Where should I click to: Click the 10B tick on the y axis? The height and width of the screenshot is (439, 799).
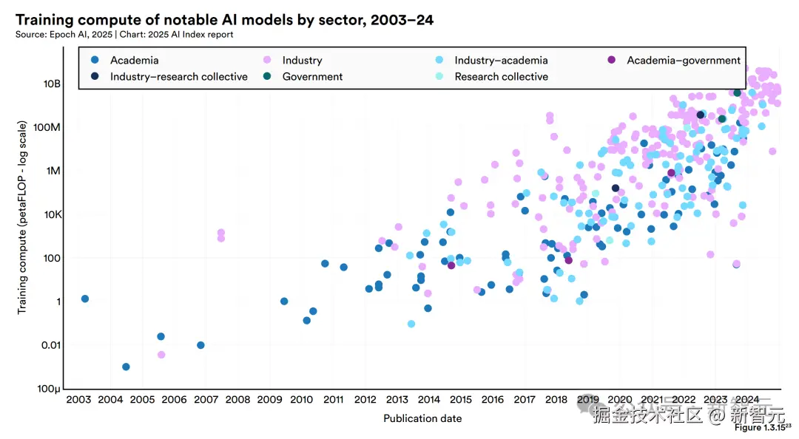pyautogui.click(x=51, y=84)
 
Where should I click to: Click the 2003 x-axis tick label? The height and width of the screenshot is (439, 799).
pyautogui.click(x=78, y=400)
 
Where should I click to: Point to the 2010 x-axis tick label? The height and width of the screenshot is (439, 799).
pyautogui.click(x=301, y=400)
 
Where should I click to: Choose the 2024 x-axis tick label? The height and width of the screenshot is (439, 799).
pyautogui.click(x=747, y=400)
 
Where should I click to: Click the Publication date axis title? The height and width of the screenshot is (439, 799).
pyautogui.click(x=422, y=418)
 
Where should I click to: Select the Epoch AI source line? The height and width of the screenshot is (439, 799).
pyautogui.click(x=124, y=34)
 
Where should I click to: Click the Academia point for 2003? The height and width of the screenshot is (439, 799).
pyautogui.click(x=85, y=299)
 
